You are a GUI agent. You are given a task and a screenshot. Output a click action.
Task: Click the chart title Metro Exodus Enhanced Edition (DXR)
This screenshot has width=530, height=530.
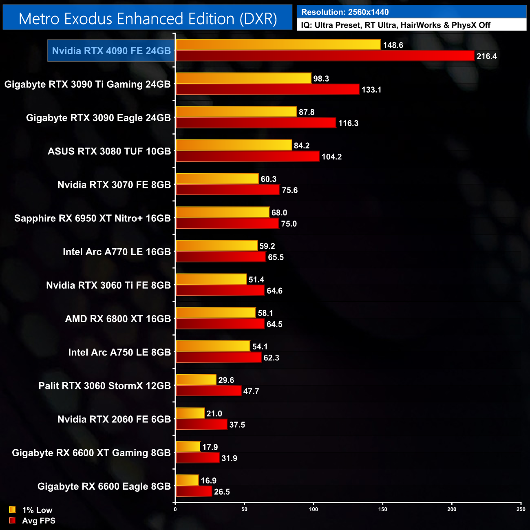[x=148, y=19]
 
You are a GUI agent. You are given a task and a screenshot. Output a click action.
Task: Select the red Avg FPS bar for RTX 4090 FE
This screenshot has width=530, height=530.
[x=325, y=56]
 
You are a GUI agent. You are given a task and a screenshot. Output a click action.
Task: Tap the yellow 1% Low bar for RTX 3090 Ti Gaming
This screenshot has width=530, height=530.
[x=243, y=78]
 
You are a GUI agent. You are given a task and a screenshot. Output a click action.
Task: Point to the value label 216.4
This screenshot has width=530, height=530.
[x=486, y=56]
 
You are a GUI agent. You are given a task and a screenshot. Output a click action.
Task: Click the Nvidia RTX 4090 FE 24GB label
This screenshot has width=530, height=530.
[x=111, y=51]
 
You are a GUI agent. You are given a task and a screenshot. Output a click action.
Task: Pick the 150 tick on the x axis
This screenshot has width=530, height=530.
[x=382, y=509]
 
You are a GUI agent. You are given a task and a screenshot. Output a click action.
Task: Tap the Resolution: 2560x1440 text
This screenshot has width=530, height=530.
[x=345, y=12]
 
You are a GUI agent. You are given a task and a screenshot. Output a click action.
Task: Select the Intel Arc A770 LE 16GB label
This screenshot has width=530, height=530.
[x=117, y=252]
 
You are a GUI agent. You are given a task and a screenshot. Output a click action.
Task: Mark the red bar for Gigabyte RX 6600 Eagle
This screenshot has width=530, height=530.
[x=194, y=491]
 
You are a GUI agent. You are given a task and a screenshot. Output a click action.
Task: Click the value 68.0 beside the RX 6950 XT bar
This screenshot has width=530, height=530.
[x=279, y=212]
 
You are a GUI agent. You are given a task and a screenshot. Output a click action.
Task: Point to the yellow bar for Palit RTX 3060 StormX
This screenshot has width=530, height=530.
[x=196, y=380]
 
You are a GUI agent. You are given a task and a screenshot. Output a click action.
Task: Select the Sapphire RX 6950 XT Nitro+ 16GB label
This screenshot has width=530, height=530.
[x=93, y=218]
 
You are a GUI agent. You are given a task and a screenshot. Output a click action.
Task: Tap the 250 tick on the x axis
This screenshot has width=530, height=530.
[x=521, y=509]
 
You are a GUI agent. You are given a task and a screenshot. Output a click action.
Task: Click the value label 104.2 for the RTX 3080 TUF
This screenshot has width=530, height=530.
[x=331, y=157]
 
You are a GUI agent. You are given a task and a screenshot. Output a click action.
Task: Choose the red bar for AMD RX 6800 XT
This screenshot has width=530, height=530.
[x=220, y=324]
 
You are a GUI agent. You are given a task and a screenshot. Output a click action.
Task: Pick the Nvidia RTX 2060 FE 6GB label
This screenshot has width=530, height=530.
[x=114, y=419]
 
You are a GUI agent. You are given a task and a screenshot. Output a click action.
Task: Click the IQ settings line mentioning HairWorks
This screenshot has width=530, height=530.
[x=395, y=25]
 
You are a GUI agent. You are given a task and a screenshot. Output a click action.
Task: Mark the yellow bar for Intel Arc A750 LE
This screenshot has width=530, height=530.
[x=213, y=346]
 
